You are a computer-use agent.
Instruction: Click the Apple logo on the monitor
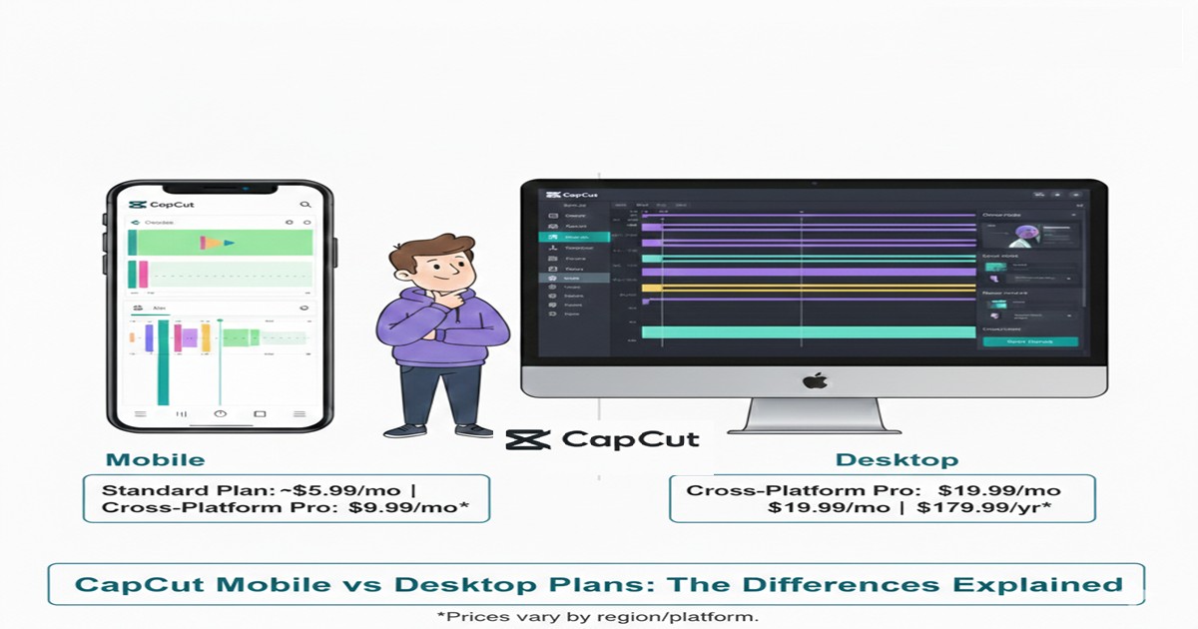[813, 380]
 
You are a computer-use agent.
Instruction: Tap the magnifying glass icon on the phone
[304, 205]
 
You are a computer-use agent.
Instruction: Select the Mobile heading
[155, 460]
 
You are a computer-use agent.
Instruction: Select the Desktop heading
[897, 460]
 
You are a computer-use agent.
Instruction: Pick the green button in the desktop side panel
[1029, 341]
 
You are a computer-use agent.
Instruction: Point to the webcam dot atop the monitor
[813, 184]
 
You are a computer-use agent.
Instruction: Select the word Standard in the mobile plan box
[142, 490]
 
